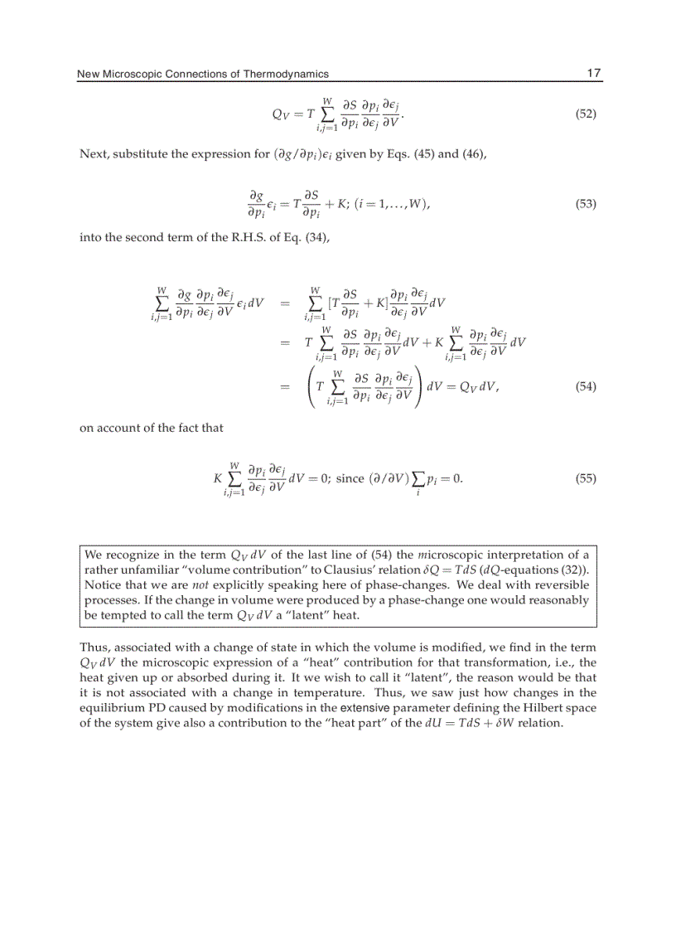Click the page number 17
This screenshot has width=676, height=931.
[593, 74]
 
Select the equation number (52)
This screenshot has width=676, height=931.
[585, 114]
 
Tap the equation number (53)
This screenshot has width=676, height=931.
[585, 204]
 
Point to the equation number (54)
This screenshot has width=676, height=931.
[585, 386]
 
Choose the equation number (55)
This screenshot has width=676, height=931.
[585, 479]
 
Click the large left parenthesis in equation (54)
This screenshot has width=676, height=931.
[311, 386]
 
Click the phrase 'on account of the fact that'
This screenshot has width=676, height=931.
[151, 429]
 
